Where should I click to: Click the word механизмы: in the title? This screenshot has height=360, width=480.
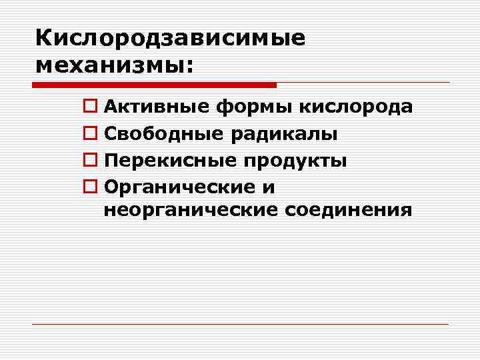pos(114,65)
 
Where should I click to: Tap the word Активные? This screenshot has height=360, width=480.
pos(157,107)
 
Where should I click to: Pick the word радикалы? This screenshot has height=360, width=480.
pos(284,135)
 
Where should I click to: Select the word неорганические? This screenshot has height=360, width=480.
pos(191,211)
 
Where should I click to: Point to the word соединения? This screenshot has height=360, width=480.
pos(349,211)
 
